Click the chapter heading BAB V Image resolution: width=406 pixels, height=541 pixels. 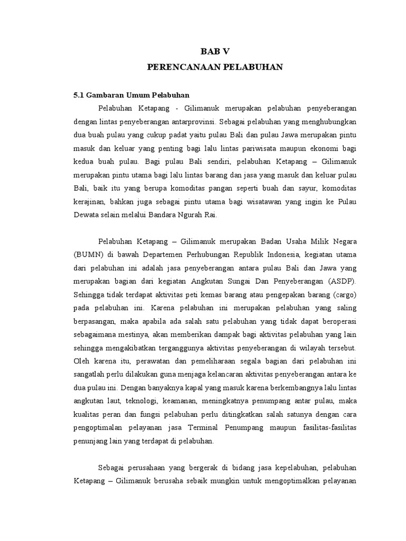215,51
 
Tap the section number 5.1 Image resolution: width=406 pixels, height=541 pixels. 78,96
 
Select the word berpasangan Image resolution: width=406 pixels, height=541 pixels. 94,322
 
